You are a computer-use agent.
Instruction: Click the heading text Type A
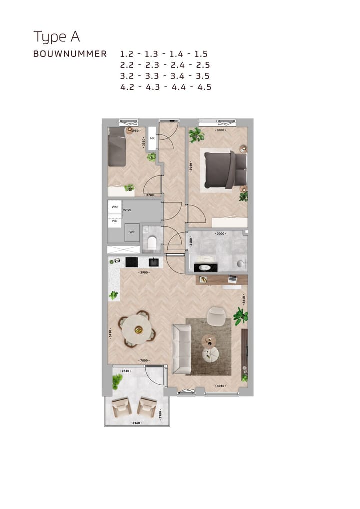tap(56, 37)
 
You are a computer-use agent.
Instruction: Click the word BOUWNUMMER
tap(70, 54)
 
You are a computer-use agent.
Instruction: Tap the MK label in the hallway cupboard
tap(152, 139)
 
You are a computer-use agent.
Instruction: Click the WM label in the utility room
tap(115, 207)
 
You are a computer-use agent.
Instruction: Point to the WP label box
tap(132, 232)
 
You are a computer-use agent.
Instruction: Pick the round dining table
tap(137, 328)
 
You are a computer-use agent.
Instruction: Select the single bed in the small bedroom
tap(118, 146)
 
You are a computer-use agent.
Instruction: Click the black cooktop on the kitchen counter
tap(132, 262)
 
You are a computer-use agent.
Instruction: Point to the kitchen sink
tap(154, 262)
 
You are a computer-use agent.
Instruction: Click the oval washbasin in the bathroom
tap(205, 267)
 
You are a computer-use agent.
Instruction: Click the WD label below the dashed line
tap(115, 220)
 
